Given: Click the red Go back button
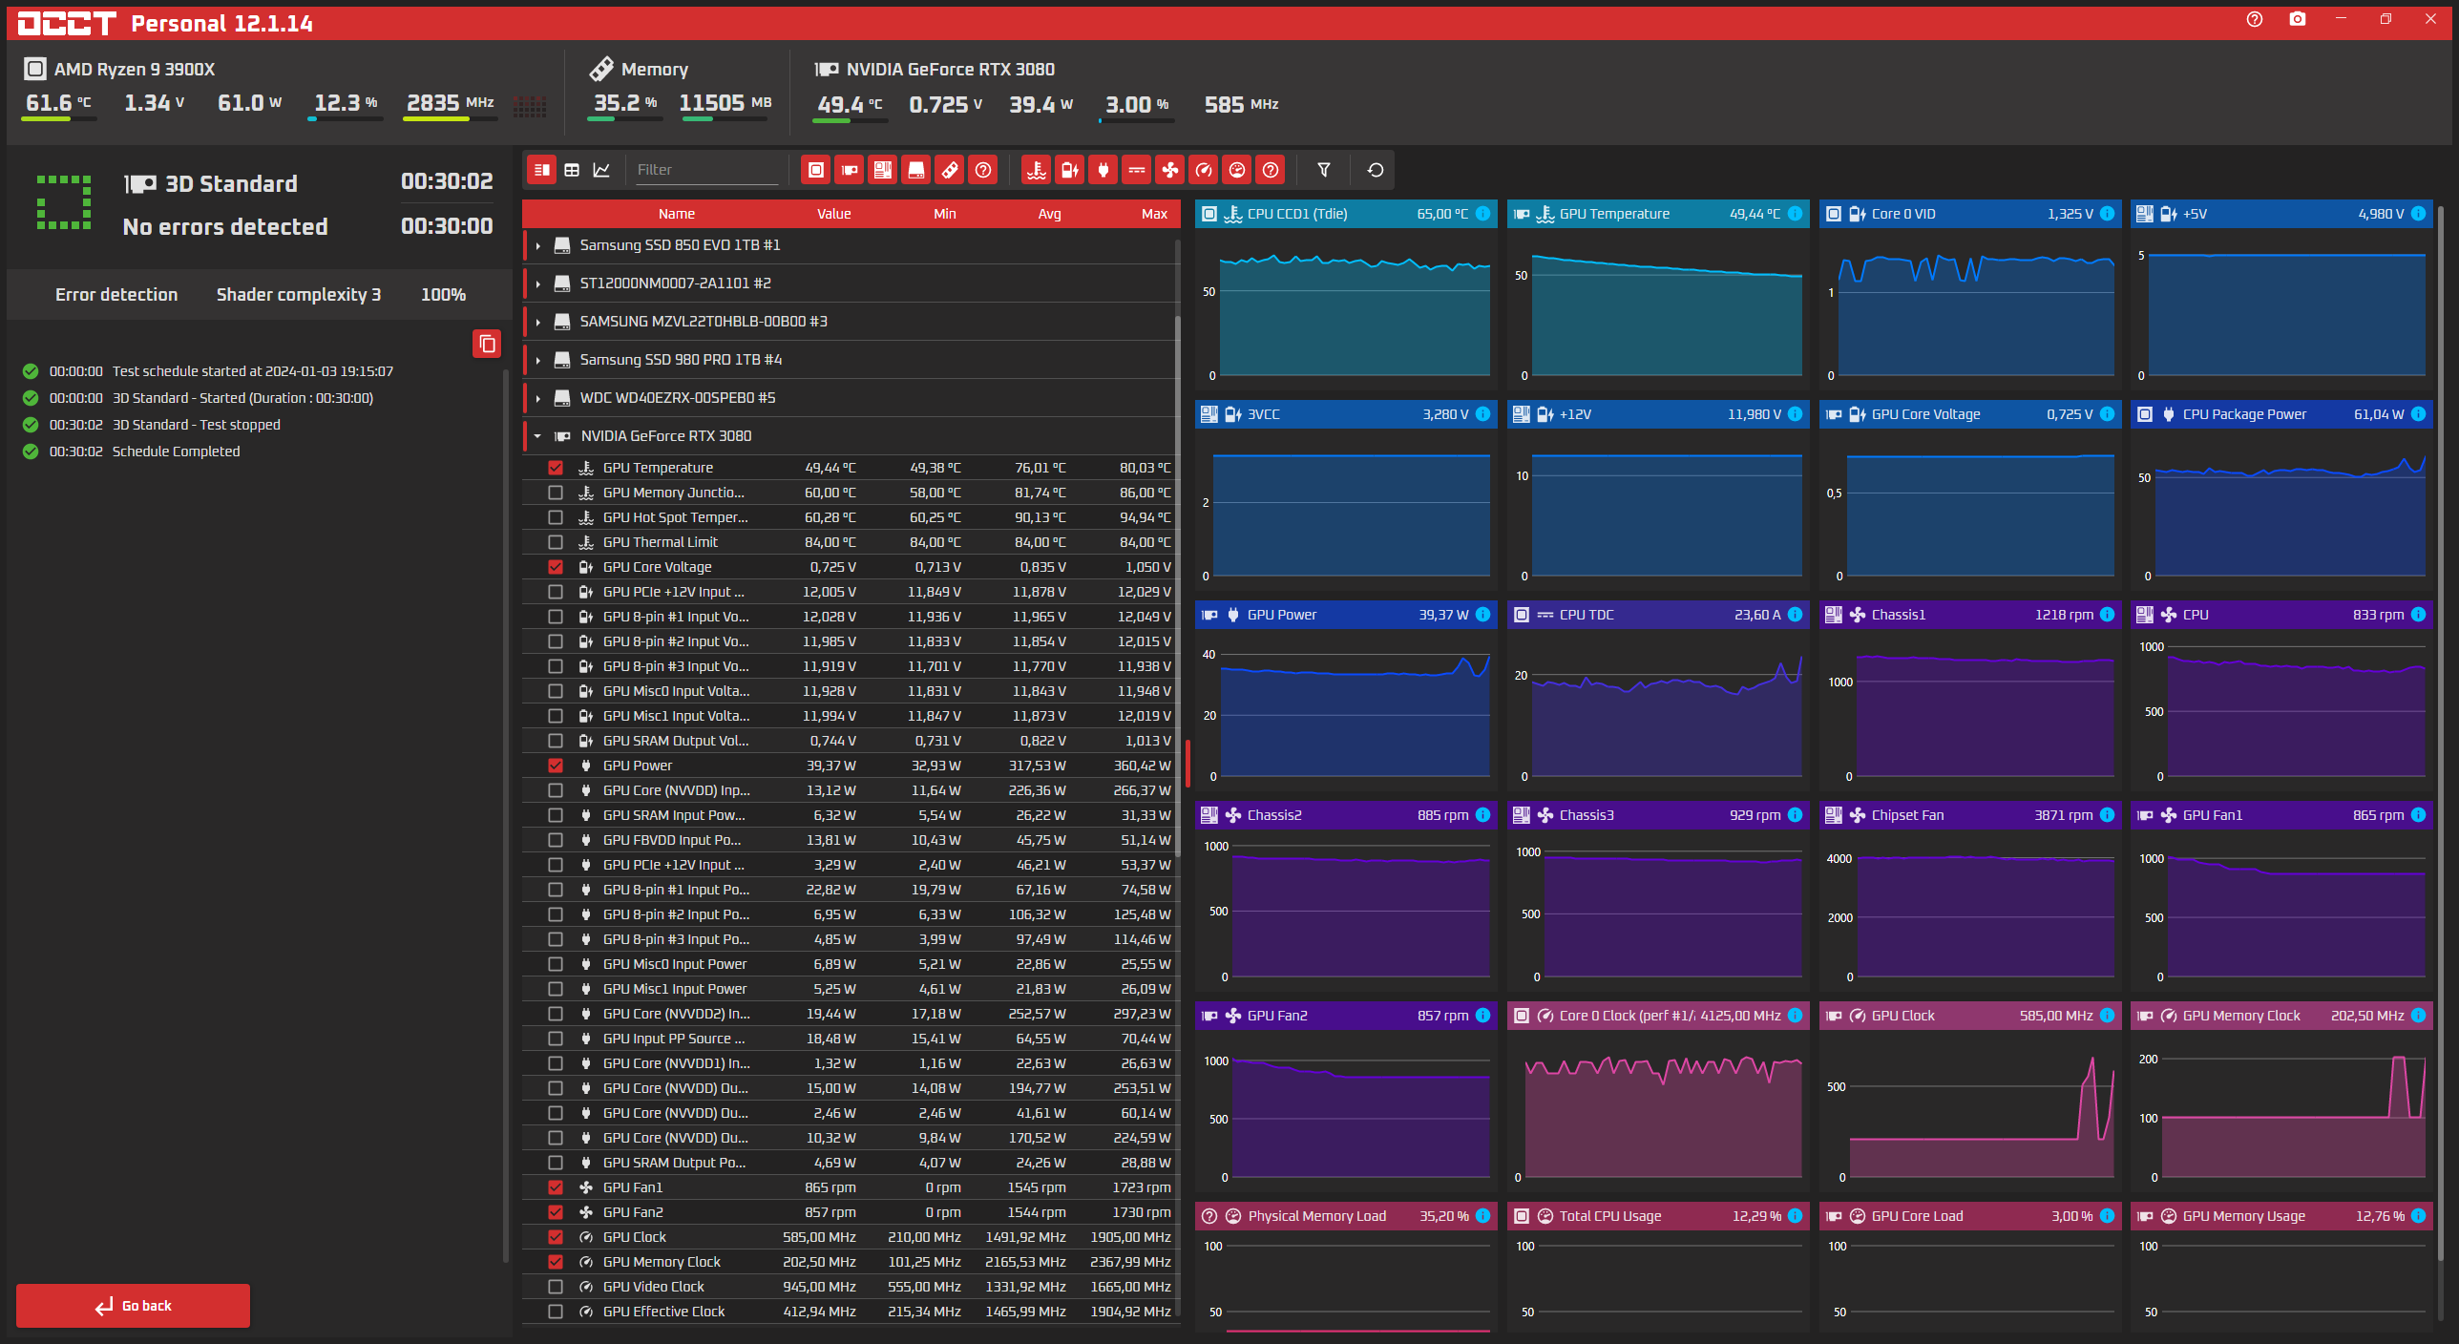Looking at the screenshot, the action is [x=133, y=1305].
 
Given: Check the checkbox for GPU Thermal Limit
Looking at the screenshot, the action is [x=556, y=542].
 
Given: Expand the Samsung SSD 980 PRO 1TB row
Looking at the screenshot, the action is [x=538, y=360].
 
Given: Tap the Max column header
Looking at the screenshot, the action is [x=1154, y=214].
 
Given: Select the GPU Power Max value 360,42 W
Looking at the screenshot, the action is [x=1142, y=766].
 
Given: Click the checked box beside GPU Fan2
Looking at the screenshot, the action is [x=556, y=1212].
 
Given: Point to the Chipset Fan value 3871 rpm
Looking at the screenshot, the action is [x=2063, y=815].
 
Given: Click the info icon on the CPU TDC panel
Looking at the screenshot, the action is [x=1795, y=615].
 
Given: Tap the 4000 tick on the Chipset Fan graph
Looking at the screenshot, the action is [x=1839, y=859].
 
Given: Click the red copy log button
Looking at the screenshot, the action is [x=487, y=344].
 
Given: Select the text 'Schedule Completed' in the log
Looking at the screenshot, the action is [x=176, y=451].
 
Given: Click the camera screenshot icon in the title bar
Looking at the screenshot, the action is [x=2298, y=19].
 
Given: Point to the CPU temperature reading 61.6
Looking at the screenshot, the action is [x=49, y=103].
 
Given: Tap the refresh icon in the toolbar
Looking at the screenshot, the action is [x=1376, y=170].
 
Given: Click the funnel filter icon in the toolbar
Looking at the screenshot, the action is [x=1324, y=170].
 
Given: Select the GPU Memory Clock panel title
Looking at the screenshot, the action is [x=2241, y=1016].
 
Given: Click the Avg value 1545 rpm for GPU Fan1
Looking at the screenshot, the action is [x=1037, y=1187].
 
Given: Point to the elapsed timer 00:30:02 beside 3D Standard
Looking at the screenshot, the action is [x=447, y=181].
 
